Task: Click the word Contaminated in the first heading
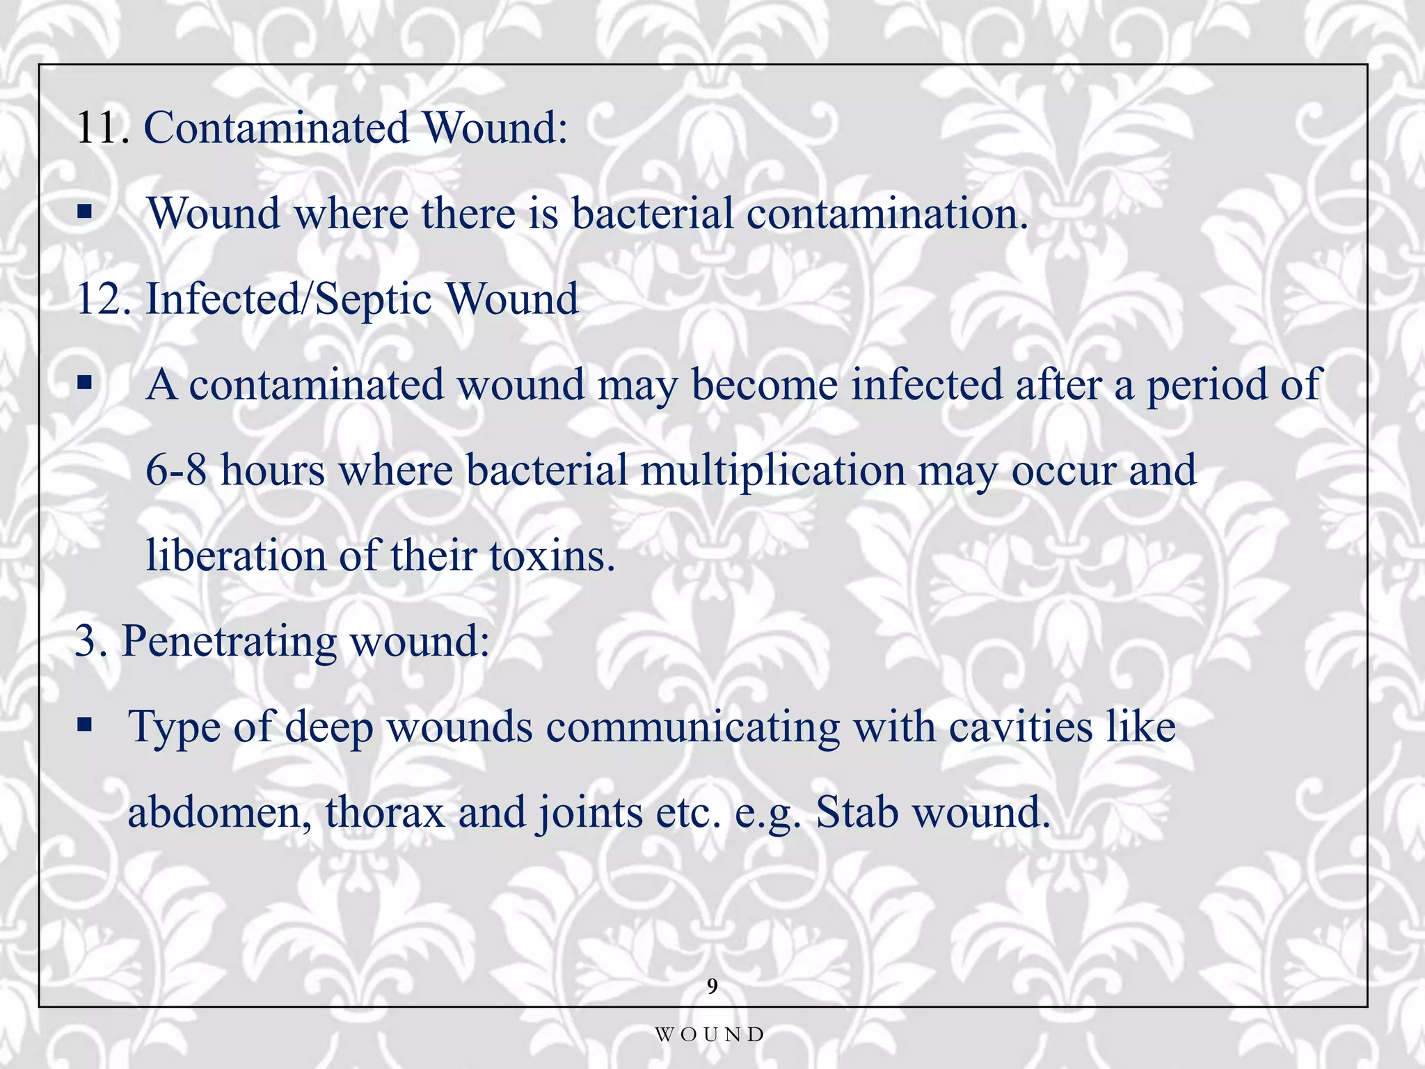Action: coord(276,129)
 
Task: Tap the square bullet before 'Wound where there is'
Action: coord(85,212)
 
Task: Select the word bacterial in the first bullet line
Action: coord(652,214)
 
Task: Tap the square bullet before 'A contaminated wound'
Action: coord(85,382)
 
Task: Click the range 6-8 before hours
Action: coord(176,470)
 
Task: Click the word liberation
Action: coord(236,556)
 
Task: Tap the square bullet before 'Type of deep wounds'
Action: coord(85,725)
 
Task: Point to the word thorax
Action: coord(385,812)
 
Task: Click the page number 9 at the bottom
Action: coord(712,986)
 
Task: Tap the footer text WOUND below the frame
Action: coord(710,1035)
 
